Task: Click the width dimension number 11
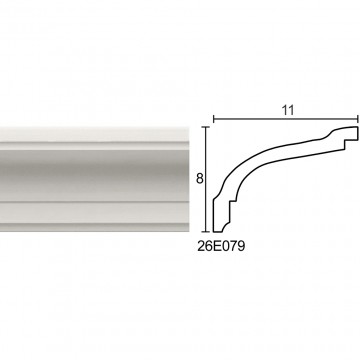(288, 110)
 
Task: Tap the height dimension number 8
(200, 179)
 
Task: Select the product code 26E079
(221, 247)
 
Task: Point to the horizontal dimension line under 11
(286, 119)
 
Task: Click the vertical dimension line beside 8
(207, 179)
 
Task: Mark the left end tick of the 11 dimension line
(213, 119)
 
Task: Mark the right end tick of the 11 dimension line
(358, 119)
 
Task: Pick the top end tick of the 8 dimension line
(207, 127)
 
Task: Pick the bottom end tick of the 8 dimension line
(207, 231)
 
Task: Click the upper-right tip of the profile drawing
(357, 127)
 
